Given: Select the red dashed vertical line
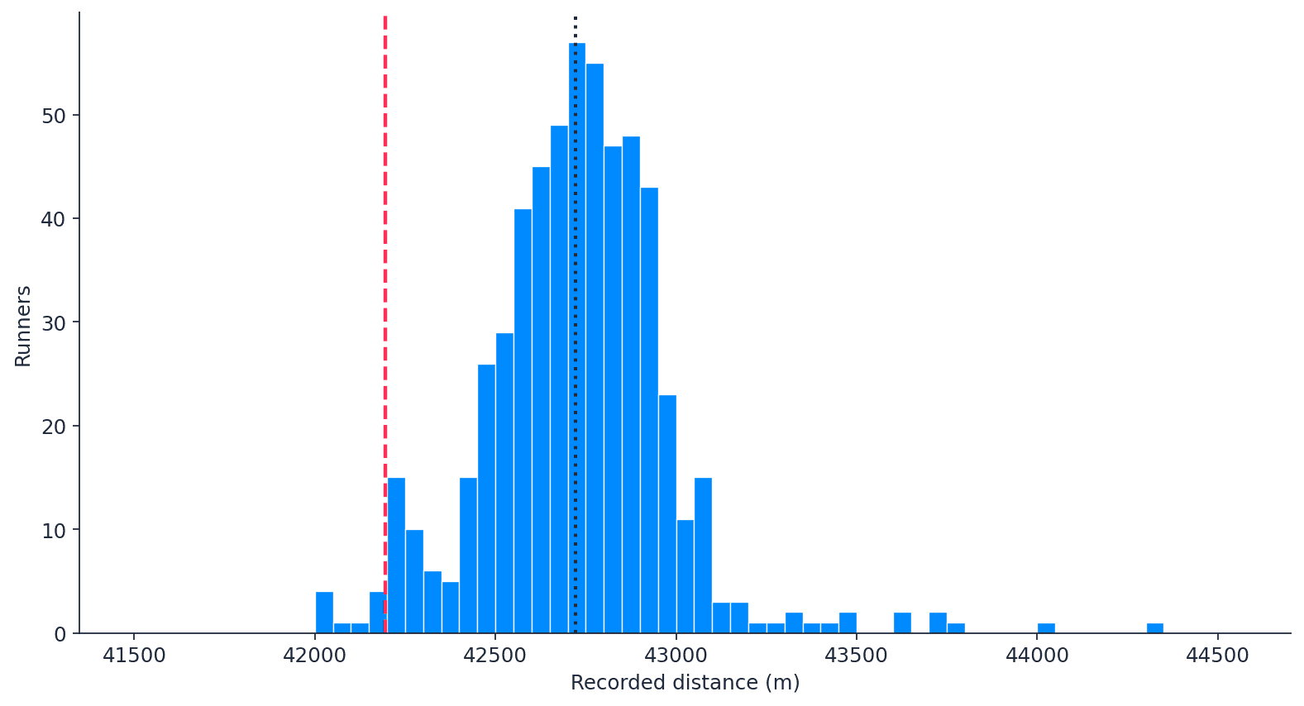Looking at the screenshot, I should tap(385, 248).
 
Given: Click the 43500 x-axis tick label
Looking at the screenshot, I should tap(856, 656).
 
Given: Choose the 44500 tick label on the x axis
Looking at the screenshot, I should tap(1217, 656).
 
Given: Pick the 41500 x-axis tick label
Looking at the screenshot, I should tap(134, 656).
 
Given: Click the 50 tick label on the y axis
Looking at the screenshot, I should tap(54, 115).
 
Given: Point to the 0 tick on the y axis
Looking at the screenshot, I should tap(60, 634).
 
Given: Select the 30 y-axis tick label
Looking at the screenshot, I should tap(54, 322).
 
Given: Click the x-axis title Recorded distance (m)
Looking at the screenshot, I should tap(685, 683).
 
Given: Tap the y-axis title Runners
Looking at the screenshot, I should tap(23, 326).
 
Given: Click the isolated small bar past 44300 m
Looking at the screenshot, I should tap(1154, 628).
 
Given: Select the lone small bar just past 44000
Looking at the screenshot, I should tap(1046, 628).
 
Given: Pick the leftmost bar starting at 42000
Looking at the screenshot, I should tap(324, 613).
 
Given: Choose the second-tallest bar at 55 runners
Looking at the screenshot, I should tap(595, 347).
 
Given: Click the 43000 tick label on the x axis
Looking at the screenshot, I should tap(676, 656).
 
